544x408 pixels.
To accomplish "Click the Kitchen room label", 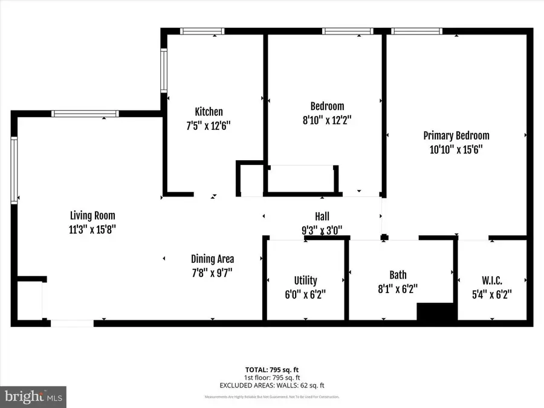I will pos(209,112).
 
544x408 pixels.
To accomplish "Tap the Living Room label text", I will pos(92,215).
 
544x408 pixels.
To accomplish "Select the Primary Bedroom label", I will pos(456,135).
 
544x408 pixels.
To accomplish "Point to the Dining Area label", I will pos(212,259).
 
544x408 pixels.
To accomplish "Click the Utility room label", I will pos(305,280).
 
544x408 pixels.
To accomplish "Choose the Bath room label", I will pos(397,280).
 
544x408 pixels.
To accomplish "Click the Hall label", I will pos(322,216).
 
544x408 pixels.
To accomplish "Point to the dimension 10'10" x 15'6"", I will pos(456,149).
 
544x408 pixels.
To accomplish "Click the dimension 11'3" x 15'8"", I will pos(92,229).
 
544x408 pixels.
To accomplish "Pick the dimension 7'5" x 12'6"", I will pos(209,126).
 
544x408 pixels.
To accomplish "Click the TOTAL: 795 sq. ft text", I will pos(272,369).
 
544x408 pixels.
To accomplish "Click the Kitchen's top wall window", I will pos(202,31).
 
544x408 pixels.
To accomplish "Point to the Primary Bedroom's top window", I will pos(416,31).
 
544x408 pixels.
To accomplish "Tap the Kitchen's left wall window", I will pos(163,70).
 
